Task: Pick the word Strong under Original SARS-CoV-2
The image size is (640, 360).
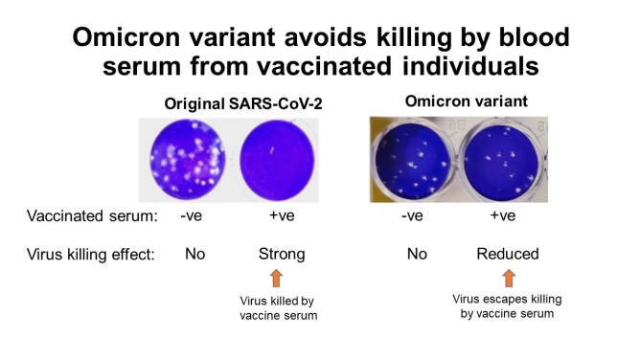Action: click(282, 254)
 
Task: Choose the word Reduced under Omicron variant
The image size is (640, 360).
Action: click(508, 254)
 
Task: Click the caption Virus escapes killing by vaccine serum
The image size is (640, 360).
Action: click(509, 305)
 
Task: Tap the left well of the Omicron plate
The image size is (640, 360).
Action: click(414, 160)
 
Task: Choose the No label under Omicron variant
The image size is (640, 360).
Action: click(416, 254)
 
